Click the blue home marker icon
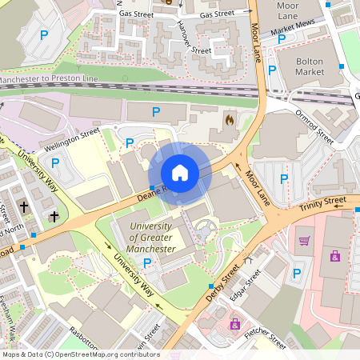[180, 173]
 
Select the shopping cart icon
[304, 240]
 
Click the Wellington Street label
[71, 137]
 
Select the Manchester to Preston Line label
[48, 80]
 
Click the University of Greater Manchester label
[153, 238]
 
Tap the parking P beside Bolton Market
[272, 70]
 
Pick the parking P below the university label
[147, 262]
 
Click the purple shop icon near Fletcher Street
[235, 323]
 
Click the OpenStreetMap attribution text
[80, 354]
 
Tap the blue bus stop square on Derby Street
[211, 286]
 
